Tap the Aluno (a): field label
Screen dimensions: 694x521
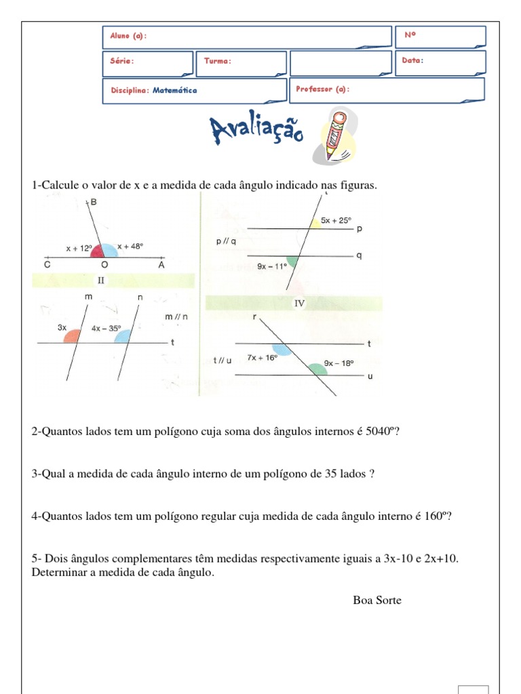pos(127,35)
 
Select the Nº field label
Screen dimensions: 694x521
pos(409,34)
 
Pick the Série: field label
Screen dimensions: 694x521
pos(121,61)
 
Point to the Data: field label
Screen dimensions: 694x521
pos(412,60)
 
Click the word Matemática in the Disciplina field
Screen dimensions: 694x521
pos(174,90)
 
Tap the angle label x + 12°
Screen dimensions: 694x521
pos(78,249)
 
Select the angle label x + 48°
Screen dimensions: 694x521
pos(130,247)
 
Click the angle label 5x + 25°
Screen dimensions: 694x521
pos(336,220)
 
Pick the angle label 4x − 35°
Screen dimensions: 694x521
pos(106,329)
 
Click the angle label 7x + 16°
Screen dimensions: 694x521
pos(263,357)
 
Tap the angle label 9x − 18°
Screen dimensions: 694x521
pos(339,363)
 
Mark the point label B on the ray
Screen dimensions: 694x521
pos(94,202)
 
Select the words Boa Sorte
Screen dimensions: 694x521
pos(377,600)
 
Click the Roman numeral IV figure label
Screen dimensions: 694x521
pos(298,304)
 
